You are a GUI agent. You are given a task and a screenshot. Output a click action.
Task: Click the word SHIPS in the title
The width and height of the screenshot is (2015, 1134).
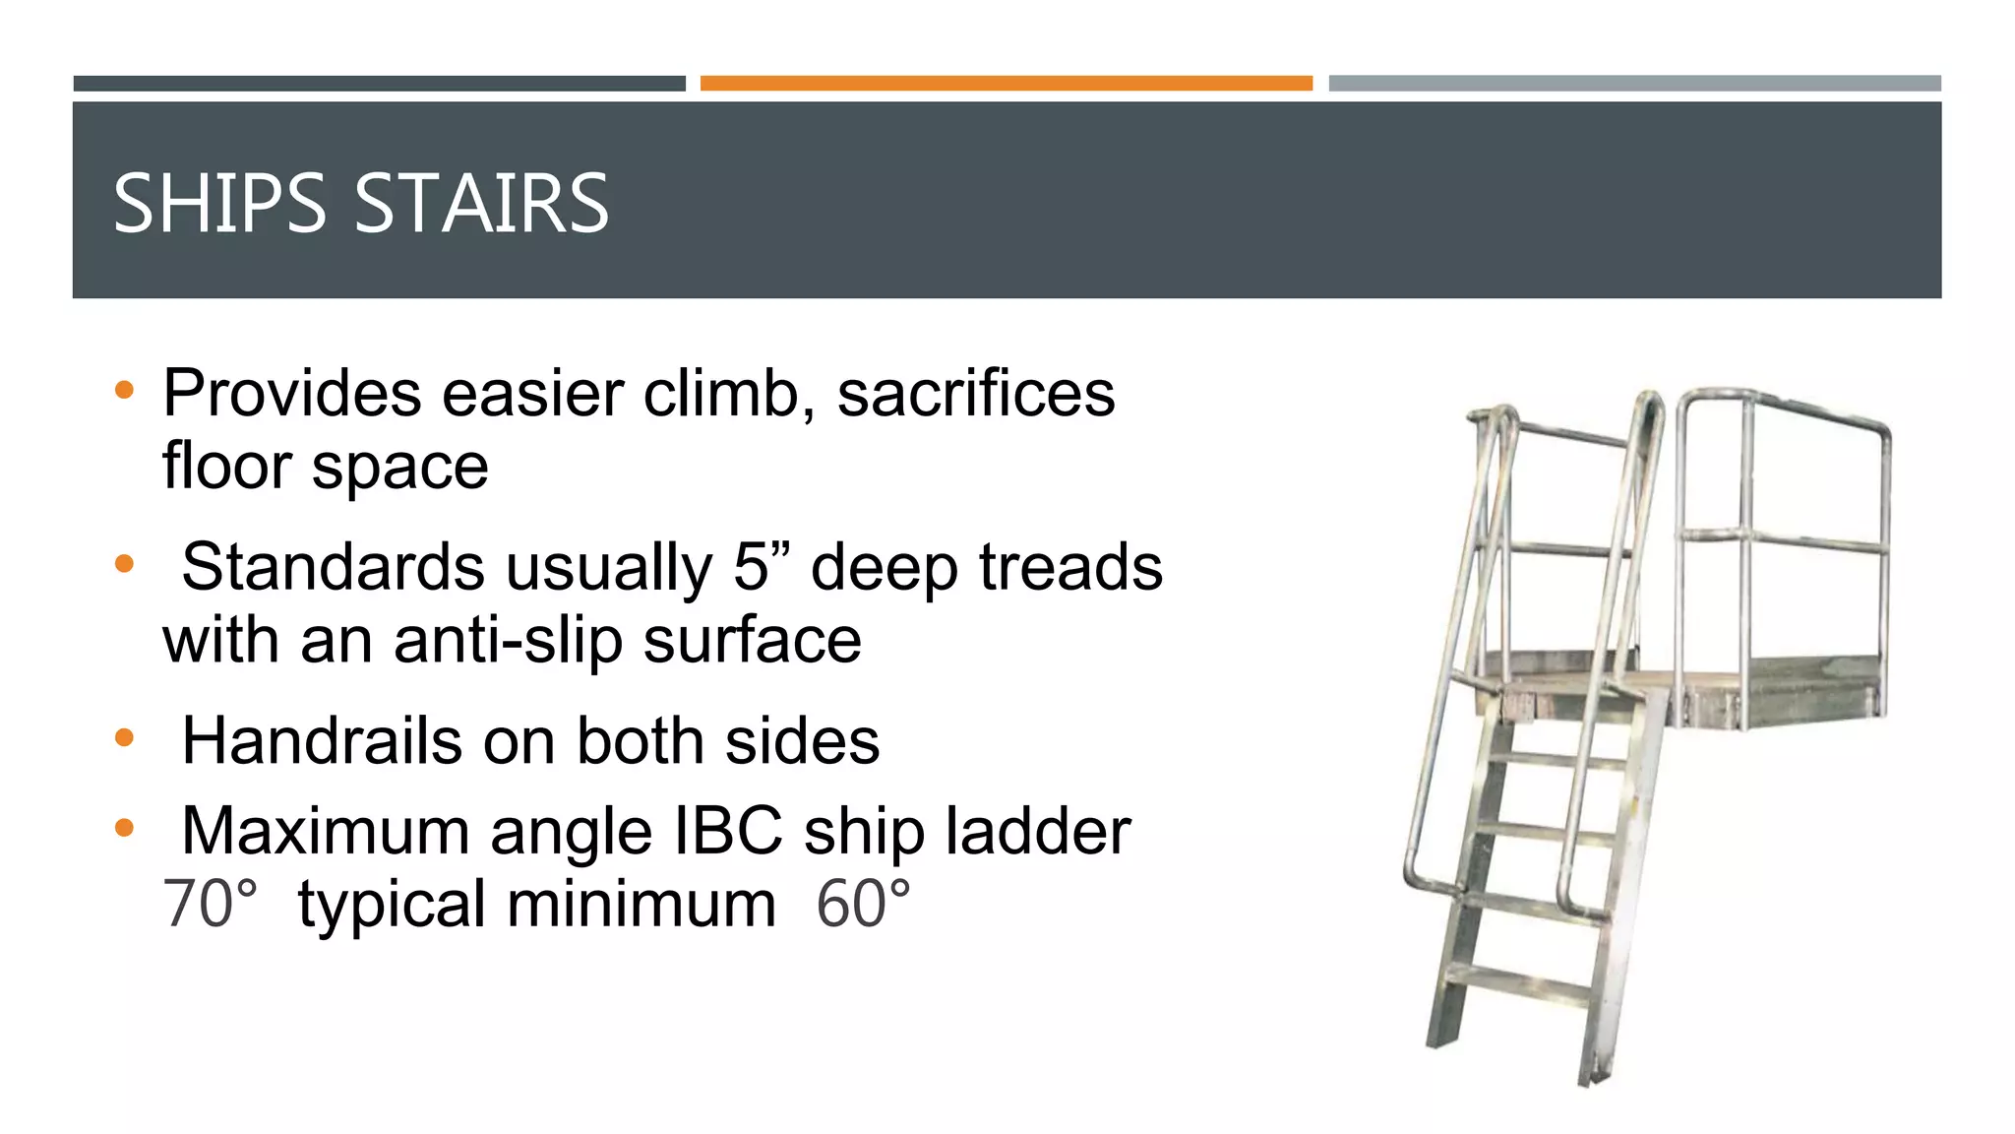(218, 204)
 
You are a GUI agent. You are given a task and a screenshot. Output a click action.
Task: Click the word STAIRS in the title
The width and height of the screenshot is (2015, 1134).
(481, 204)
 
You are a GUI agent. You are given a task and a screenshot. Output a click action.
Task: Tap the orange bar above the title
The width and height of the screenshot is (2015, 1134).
(1006, 84)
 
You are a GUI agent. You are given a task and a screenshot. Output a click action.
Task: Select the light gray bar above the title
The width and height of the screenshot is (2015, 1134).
(1634, 84)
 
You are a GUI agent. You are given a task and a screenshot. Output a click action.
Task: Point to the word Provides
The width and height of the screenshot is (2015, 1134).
(291, 394)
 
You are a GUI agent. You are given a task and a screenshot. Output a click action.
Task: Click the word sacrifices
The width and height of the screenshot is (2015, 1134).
(975, 394)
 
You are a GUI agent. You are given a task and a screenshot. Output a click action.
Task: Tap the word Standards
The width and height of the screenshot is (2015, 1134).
(333, 568)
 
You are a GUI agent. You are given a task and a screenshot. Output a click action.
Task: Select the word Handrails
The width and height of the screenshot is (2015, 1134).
(322, 741)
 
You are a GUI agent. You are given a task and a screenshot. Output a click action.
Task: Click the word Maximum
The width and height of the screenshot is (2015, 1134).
(326, 832)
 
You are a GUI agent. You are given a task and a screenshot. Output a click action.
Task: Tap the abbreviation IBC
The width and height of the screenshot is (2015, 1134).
(727, 832)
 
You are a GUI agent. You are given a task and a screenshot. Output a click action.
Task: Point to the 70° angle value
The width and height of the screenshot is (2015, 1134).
(210, 905)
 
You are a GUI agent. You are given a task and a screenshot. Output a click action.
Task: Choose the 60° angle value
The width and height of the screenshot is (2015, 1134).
(863, 905)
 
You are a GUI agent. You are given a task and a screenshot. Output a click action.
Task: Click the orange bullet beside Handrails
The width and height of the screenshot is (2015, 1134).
(124, 738)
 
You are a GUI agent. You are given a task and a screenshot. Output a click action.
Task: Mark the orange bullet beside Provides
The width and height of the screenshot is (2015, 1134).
(124, 391)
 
